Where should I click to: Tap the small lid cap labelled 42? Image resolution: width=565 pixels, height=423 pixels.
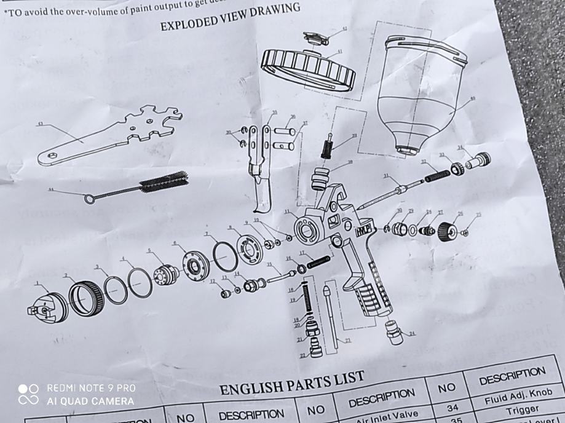[x=317, y=37]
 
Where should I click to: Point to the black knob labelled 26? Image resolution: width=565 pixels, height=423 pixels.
[x=448, y=233]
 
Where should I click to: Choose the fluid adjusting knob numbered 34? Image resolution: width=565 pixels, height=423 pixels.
[x=478, y=161]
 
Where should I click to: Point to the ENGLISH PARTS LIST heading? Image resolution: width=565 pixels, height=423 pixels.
[x=292, y=382]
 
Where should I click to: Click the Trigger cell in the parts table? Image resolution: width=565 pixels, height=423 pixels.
[x=522, y=409]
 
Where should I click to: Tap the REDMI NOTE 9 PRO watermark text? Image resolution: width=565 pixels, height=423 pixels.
[x=91, y=388]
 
